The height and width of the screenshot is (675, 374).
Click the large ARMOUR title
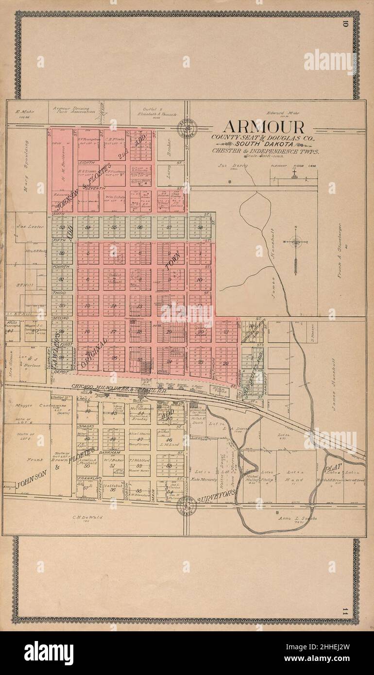(263, 127)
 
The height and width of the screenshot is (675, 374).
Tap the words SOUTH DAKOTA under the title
(265, 145)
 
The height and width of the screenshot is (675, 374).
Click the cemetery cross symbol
(294, 175)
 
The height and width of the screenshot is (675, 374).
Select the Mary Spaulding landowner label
(26, 167)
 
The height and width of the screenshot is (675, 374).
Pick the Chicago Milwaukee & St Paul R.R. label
(117, 387)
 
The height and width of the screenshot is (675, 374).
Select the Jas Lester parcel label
(28, 226)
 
